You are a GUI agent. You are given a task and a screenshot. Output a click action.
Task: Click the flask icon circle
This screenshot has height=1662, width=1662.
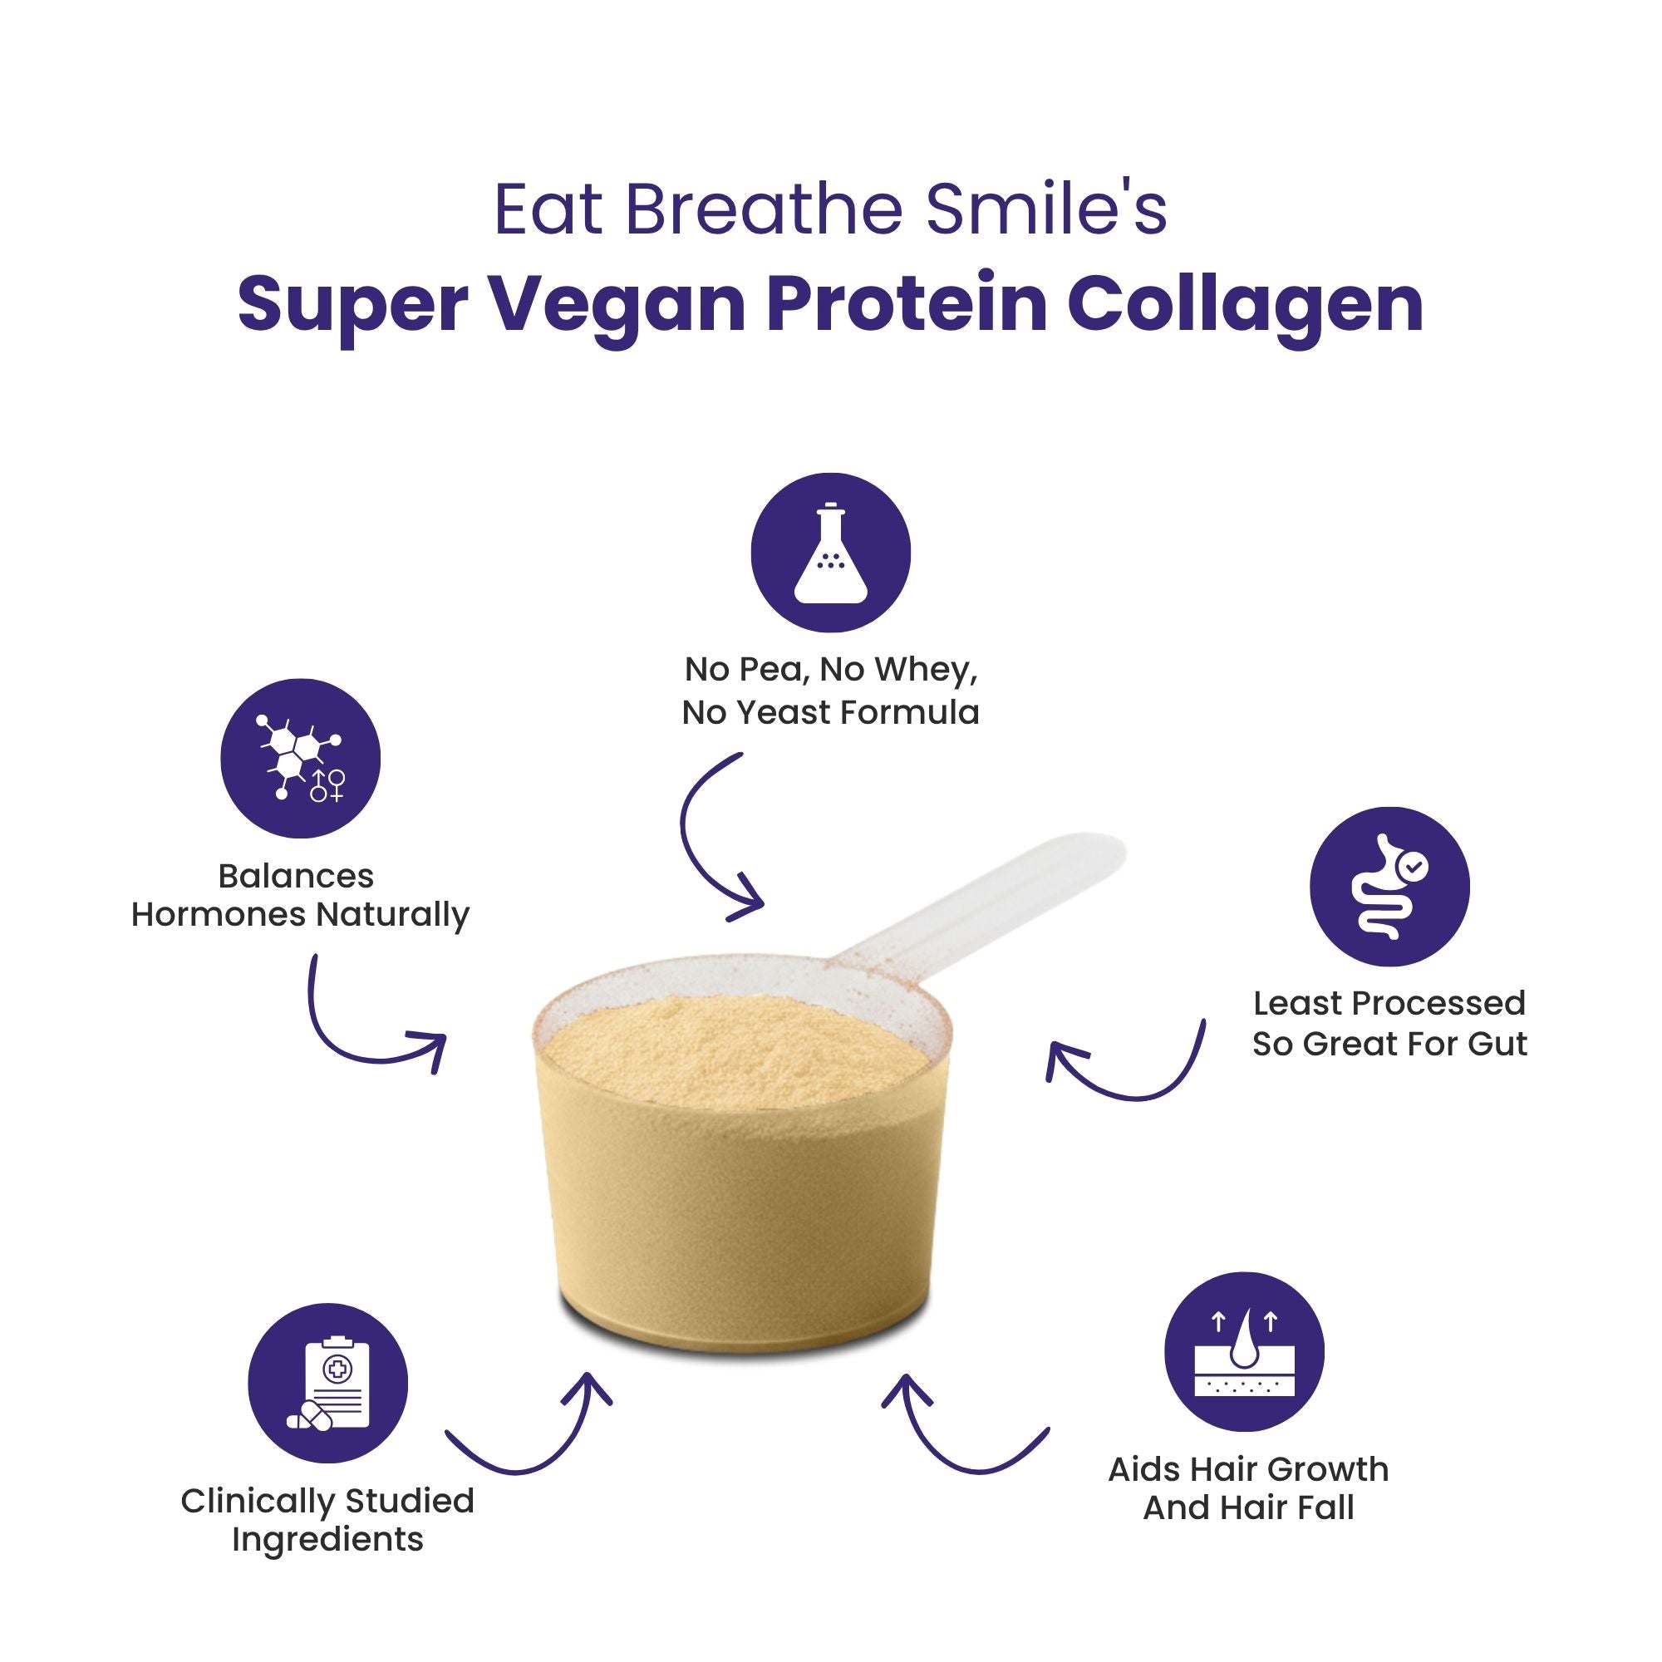(830, 553)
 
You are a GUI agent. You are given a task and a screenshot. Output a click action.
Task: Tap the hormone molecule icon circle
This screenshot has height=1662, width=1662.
(300, 758)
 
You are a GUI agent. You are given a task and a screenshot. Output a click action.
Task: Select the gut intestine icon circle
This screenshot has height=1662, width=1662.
(1389, 886)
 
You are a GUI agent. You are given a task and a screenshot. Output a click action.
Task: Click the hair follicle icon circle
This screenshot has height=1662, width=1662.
(1244, 1351)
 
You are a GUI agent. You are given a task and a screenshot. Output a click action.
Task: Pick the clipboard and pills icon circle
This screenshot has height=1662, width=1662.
(327, 1384)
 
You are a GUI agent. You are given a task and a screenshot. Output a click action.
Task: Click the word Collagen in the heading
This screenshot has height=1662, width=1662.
(1246, 305)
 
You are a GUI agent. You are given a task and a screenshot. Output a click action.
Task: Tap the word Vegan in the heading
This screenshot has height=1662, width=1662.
(617, 305)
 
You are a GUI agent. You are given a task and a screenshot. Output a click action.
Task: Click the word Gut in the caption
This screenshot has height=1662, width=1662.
(1497, 1044)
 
